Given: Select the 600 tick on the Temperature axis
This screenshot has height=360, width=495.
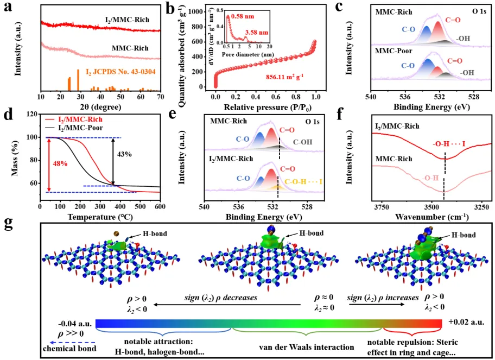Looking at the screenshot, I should click(x=160, y=206).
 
